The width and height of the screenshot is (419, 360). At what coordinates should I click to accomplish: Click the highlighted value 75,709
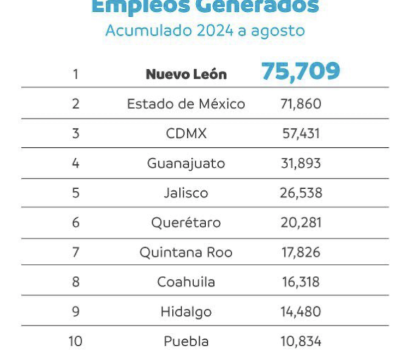click(x=301, y=71)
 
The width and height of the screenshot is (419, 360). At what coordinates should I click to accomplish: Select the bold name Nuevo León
click(x=186, y=74)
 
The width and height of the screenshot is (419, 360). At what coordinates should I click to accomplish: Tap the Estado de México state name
click(x=186, y=104)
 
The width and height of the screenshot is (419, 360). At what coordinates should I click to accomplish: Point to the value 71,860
click(x=301, y=104)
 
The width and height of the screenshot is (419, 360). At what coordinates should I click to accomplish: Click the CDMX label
click(x=186, y=134)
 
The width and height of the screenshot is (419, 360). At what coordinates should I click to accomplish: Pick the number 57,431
click(x=301, y=134)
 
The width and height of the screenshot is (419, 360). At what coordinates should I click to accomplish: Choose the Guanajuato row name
click(x=186, y=163)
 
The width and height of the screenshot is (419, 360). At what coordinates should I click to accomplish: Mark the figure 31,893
click(x=301, y=163)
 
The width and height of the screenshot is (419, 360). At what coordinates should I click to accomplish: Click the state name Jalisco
click(x=186, y=193)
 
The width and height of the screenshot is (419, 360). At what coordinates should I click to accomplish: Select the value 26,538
click(x=301, y=193)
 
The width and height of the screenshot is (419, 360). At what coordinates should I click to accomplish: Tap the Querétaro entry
click(x=186, y=223)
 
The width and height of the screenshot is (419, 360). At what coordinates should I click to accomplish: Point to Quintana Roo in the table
click(x=186, y=253)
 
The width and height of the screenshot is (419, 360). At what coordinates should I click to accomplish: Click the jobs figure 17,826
click(x=301, y=253)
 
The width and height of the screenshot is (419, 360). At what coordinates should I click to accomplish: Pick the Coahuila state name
click(x=186, y=282)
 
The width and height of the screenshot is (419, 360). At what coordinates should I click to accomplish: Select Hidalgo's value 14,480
click(x=301, y=312)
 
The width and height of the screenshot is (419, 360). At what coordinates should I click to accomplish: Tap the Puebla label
click(x=186, y=341)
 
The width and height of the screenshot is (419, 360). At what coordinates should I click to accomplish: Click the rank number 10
click(x=75, y=341)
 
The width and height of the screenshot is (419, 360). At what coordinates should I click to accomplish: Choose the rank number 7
click(x=75, y=253)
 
